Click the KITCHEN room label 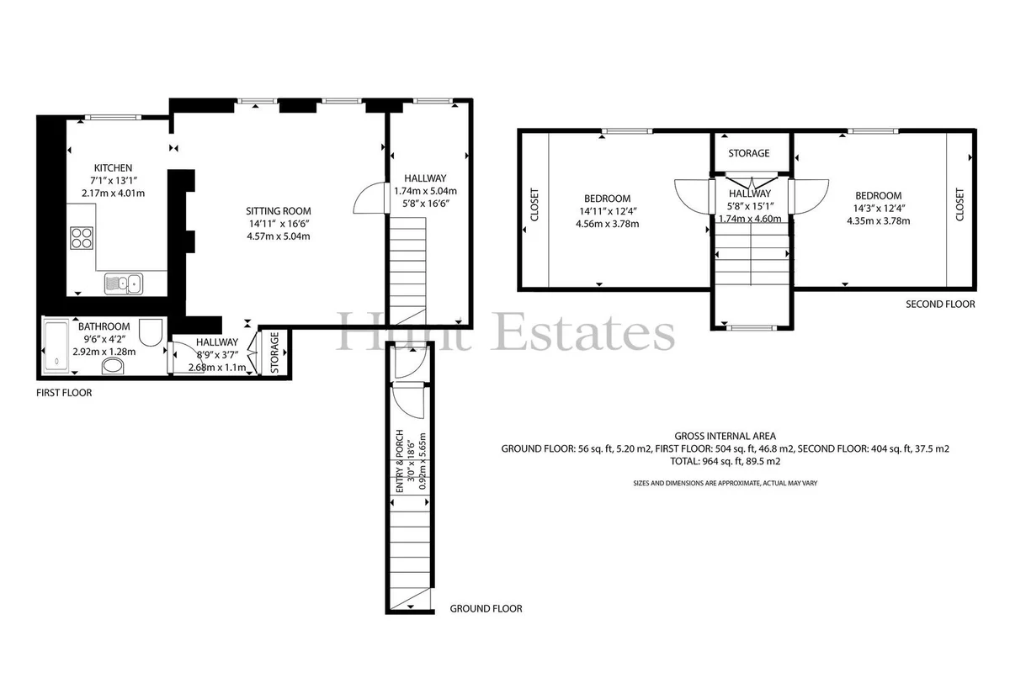113,168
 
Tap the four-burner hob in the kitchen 82,238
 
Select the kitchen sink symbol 124,284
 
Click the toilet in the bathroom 151,332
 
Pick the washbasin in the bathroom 113,366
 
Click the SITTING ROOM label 279,211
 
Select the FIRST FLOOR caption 64,393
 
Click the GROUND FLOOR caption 486,608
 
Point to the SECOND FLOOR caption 941,305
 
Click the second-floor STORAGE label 749,153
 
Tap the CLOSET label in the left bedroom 534,204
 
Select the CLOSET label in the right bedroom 959,204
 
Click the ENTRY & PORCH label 399,461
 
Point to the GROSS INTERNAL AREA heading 725,436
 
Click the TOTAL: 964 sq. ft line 725,461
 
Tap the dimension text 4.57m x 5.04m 279,236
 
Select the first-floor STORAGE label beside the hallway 275,352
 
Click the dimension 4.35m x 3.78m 879,221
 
